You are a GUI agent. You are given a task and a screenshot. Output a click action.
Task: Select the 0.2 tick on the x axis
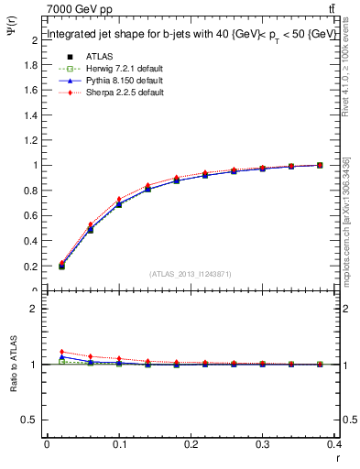click(x=191, y=444)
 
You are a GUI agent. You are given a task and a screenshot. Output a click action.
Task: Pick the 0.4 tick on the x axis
click(x=334, y=444)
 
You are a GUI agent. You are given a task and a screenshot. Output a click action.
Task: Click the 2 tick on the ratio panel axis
click(x=34, y=309)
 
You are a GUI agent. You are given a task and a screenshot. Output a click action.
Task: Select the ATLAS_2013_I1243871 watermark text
click(x=191, y=274)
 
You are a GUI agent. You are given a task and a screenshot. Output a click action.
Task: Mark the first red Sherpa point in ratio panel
click(x=61, y=352)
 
